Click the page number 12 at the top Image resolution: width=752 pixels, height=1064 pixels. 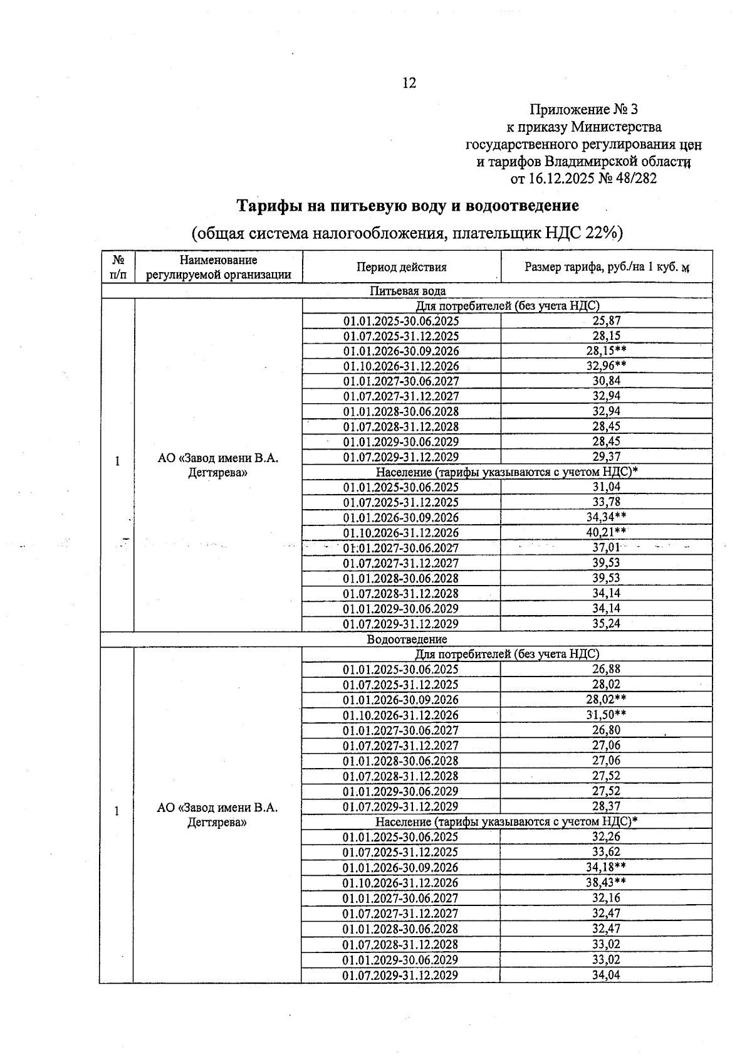click(409, 83)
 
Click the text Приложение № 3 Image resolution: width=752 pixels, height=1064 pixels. click(583, 110)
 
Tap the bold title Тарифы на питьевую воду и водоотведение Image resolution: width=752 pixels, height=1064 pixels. click(407, 206)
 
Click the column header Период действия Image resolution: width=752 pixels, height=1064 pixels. click(402, 267)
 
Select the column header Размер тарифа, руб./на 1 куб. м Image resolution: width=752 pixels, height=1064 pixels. click(607, 267)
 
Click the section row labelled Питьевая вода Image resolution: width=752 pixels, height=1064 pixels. click(407, 291)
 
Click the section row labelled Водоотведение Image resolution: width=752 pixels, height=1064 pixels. click(407, 640)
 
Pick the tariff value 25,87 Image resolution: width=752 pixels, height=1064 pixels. click(607, 320)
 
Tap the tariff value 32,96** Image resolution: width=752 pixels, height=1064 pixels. click(607, 366)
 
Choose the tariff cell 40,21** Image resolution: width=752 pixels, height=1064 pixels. click(607, 533)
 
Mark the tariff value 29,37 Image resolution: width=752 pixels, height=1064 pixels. click(607, 457)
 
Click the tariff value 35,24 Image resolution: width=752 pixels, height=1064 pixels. click(607, 624)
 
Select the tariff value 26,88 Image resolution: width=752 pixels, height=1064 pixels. click(607, 669)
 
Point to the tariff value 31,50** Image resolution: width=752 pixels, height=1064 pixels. click(607, 715)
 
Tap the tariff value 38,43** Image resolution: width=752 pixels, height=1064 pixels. click(607, 882)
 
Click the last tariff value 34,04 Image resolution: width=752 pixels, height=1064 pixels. click(607, 975)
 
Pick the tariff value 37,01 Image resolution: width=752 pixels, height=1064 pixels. click(607, 548)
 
